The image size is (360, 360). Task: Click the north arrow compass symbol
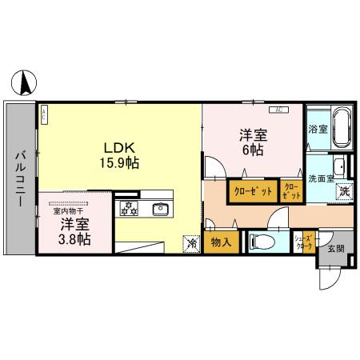tap(25, 81)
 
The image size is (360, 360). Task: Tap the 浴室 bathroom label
tap(318, 129)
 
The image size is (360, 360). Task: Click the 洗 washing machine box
tap(343, 192)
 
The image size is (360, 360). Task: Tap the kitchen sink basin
tap(161, 210)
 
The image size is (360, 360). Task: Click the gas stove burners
tap(129, 210)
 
